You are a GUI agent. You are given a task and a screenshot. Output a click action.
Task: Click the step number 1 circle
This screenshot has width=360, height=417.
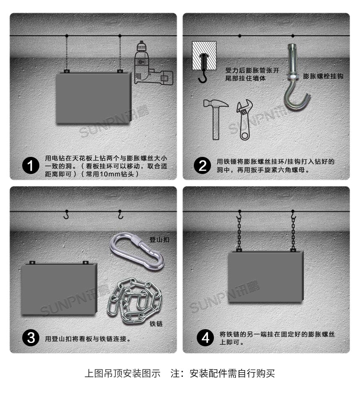tap(30, 166)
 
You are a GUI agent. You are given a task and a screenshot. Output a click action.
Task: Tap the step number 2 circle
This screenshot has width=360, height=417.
tap(203, 166)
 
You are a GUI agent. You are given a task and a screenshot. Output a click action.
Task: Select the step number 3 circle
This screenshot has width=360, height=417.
tap(30, 338)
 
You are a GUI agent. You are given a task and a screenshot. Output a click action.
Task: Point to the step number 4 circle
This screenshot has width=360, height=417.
tap(205, 338)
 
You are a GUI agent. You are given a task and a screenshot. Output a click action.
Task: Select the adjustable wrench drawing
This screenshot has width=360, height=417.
tap(244, 120)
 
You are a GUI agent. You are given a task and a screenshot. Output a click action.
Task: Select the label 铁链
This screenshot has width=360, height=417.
tap(156, 323)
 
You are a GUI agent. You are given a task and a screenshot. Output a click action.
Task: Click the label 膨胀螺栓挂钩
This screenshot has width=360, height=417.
tap(323, 76)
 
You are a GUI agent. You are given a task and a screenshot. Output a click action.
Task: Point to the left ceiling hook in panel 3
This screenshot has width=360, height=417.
tap(66, 215)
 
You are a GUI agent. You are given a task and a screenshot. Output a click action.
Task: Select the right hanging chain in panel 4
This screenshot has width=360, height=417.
tap(293, 233)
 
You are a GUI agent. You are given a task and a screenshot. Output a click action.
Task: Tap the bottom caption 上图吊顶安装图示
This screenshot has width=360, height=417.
tap(123, 374)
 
